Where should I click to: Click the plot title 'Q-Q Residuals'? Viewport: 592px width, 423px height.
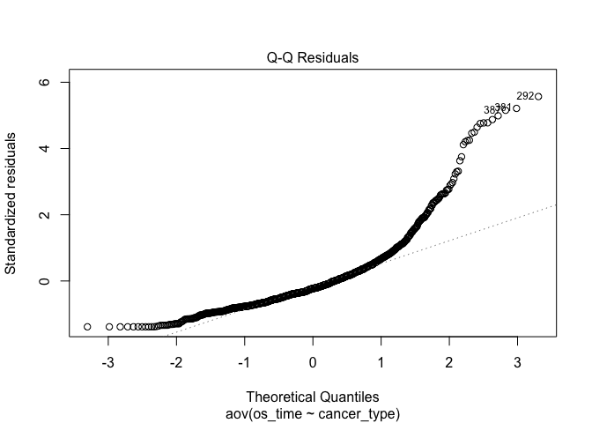click(x=313, y=58)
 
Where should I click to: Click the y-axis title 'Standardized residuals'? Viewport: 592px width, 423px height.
click(x=11, y=204)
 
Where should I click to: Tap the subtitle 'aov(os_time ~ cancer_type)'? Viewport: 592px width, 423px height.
click(x=313, y=412)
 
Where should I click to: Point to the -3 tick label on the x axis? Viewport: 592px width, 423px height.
click(x=107, y=362)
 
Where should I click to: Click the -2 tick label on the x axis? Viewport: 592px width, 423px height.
click(x=175, y=362)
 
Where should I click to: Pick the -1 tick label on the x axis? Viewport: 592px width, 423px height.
click(x=243, y=362)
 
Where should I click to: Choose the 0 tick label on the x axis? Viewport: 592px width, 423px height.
click(x=313, y=362)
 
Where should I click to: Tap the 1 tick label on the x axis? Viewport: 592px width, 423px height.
click(x=381, y=362)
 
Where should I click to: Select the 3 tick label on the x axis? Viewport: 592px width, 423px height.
click(x=517, y=362)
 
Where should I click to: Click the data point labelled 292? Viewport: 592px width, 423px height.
click(x=538, y=96)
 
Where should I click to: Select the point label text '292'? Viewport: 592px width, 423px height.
click(x=525, y=95)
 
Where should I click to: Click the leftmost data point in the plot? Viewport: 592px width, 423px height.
click(x=87, y=327)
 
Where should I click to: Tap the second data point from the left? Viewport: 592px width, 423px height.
click(x=109, y=327)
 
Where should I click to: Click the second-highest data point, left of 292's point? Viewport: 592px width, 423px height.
click(x=516, y=108)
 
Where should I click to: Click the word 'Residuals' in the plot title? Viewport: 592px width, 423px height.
click(x=331, y=58)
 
